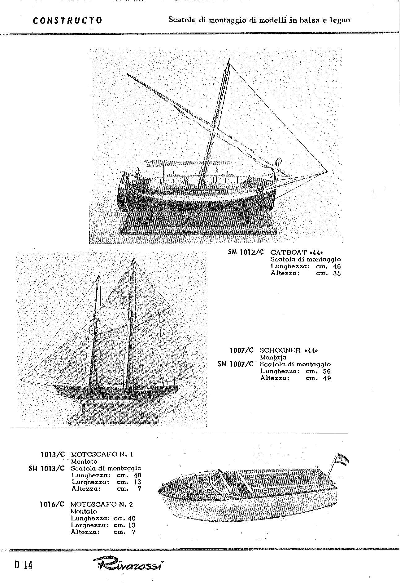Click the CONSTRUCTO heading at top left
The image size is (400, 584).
click(67, 20)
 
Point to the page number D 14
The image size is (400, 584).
click(24, 565)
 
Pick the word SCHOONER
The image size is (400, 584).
click(280, 350)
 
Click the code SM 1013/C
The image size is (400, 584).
click(47, 468)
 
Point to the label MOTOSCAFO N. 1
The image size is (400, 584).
click(102, 454)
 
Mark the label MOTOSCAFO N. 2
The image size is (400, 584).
click(102, 504)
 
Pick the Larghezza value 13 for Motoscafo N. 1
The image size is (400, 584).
click(137, 482)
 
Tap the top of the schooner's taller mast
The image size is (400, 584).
click(134, 259)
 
